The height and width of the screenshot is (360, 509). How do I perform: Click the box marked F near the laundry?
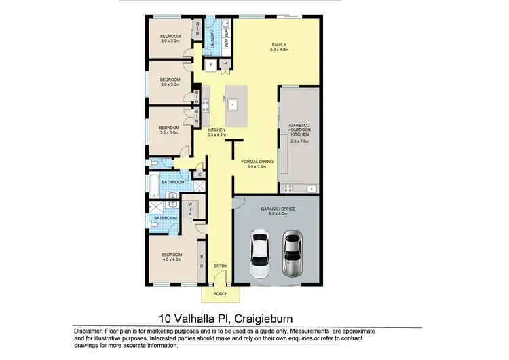pyautogui.click(x=211, y=65)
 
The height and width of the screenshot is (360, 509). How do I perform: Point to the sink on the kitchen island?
pyautogui.click(x=233, y=105)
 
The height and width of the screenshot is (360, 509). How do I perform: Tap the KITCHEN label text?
pyautogui.click(x=216, y=129)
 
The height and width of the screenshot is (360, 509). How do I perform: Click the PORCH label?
pyautogui.click(x=221, y=294)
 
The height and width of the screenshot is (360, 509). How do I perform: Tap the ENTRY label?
pyautogui.click(x=221, y=265)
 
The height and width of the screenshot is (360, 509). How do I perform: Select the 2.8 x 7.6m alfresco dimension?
pyautogui.click(x=299, y=142)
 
